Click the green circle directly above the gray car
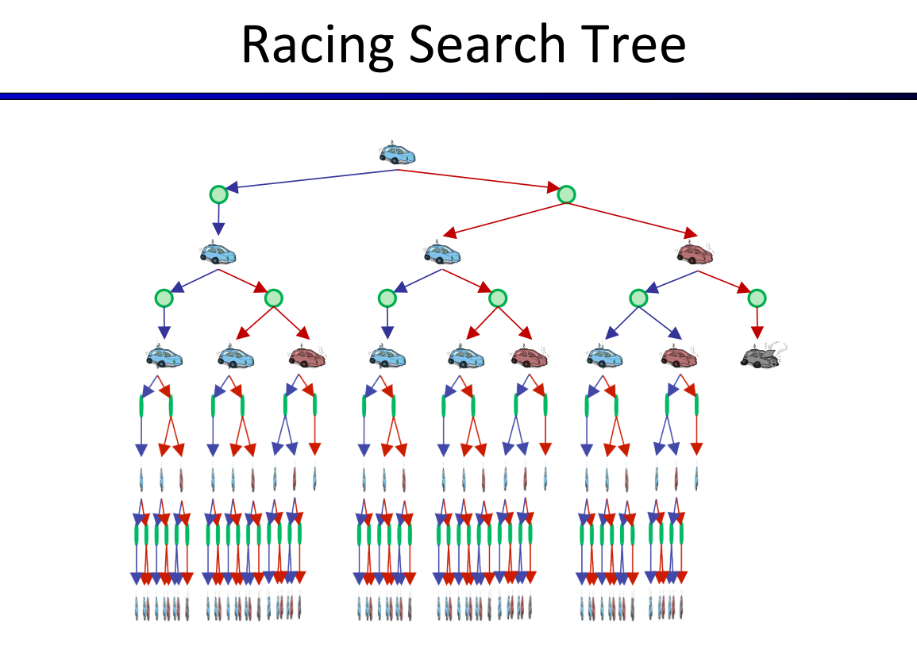(757, 298)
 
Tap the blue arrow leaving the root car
(310, 180)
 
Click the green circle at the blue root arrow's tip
(218, 194)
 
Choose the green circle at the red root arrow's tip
(566, 194)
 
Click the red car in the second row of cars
(695, 253)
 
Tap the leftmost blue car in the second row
(218, 253)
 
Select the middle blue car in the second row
(442, 253)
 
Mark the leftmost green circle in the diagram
(164, 298)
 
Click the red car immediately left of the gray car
(679, 356)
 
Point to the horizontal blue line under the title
(458, 96)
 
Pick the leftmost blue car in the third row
(164, 356)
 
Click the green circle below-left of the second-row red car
(638, 298)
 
